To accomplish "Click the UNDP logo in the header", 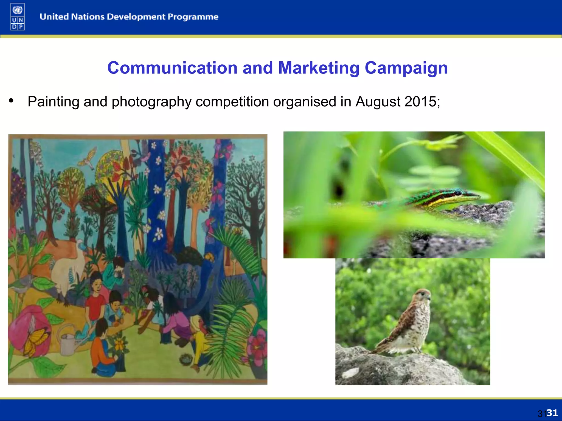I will coord(18,17).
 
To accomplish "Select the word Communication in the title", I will coord(172,68).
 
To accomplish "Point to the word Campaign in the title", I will coord(406,68).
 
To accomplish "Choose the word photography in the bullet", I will coord(151,102).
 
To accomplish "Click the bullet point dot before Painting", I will coord(11,101).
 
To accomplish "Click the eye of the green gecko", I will coord(457,193).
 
